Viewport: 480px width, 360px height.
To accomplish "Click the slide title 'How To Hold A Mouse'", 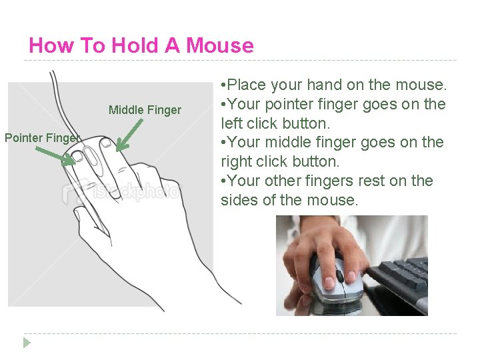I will coord(141,45).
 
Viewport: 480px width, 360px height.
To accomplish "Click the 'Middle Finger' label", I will coord(145,110).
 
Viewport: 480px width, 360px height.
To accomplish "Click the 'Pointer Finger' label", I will coord(42,138).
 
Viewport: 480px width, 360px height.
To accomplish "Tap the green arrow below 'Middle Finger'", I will coord(130,134).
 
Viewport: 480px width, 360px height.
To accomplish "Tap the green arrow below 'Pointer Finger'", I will coord(55,156).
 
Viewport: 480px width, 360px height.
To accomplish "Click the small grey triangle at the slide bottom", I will coord(27,343).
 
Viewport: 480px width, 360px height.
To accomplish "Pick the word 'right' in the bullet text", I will coord(237,161).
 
